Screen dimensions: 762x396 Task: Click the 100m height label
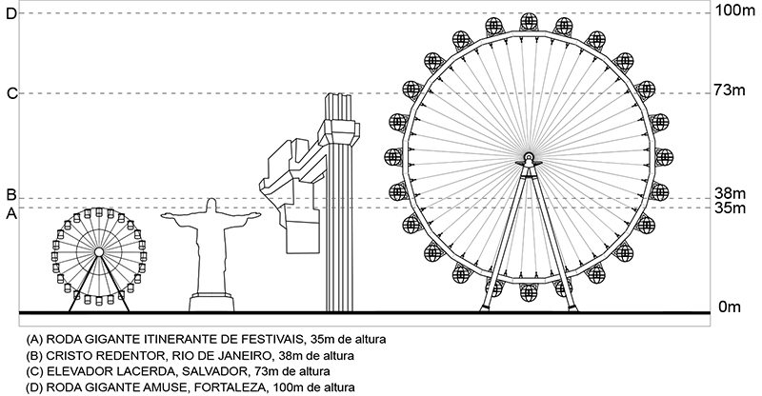click(734, 10)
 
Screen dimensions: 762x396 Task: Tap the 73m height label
click(730, 89)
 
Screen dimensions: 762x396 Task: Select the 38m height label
click(730, 194)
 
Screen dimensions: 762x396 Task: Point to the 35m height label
click(730, 208)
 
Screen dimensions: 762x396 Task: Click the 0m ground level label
click(729, 307)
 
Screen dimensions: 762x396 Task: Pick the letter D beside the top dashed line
click(11, 13)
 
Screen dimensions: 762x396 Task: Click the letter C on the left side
click(11, 93)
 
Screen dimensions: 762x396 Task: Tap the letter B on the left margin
click(11, 195)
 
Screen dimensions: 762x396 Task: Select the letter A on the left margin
click(11, 213)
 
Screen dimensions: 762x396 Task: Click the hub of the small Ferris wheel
click(99, 251)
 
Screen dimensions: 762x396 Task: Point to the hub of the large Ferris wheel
click(529, 157)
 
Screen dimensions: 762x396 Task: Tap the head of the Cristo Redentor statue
click(211, 205)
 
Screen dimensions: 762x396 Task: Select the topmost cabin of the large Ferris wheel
click(529, 22)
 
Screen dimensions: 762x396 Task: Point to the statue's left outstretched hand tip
click(162, 214)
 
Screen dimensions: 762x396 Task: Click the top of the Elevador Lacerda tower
click(339, 94)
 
